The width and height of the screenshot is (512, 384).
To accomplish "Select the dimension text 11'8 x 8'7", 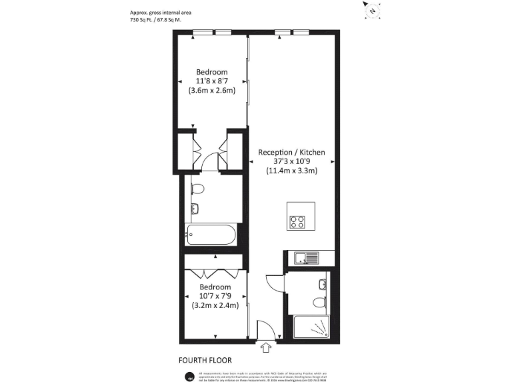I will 211,81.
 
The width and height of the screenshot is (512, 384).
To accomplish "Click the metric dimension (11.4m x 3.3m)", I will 291,171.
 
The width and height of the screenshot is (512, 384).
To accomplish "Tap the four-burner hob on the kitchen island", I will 297,221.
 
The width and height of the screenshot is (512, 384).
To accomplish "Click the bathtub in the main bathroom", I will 211,235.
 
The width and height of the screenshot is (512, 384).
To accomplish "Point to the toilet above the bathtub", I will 195,191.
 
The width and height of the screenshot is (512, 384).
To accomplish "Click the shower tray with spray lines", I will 312,327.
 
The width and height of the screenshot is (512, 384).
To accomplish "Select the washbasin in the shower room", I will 323,285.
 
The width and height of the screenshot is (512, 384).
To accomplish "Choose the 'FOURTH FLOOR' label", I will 205,361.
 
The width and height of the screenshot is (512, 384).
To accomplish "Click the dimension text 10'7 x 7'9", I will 215,297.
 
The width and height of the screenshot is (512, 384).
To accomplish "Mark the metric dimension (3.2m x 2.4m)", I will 215,307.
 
